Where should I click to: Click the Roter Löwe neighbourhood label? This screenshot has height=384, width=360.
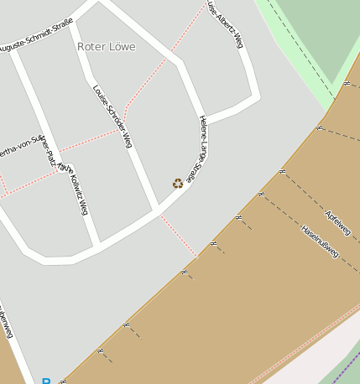click(106, 47)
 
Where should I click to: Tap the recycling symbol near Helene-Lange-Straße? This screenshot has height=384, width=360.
click(178, 183)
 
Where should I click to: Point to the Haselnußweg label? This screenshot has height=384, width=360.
click(320, 242)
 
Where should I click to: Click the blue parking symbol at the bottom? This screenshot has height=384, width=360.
click(46, 381)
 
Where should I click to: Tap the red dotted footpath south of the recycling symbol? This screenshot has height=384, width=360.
click(179, 234)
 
